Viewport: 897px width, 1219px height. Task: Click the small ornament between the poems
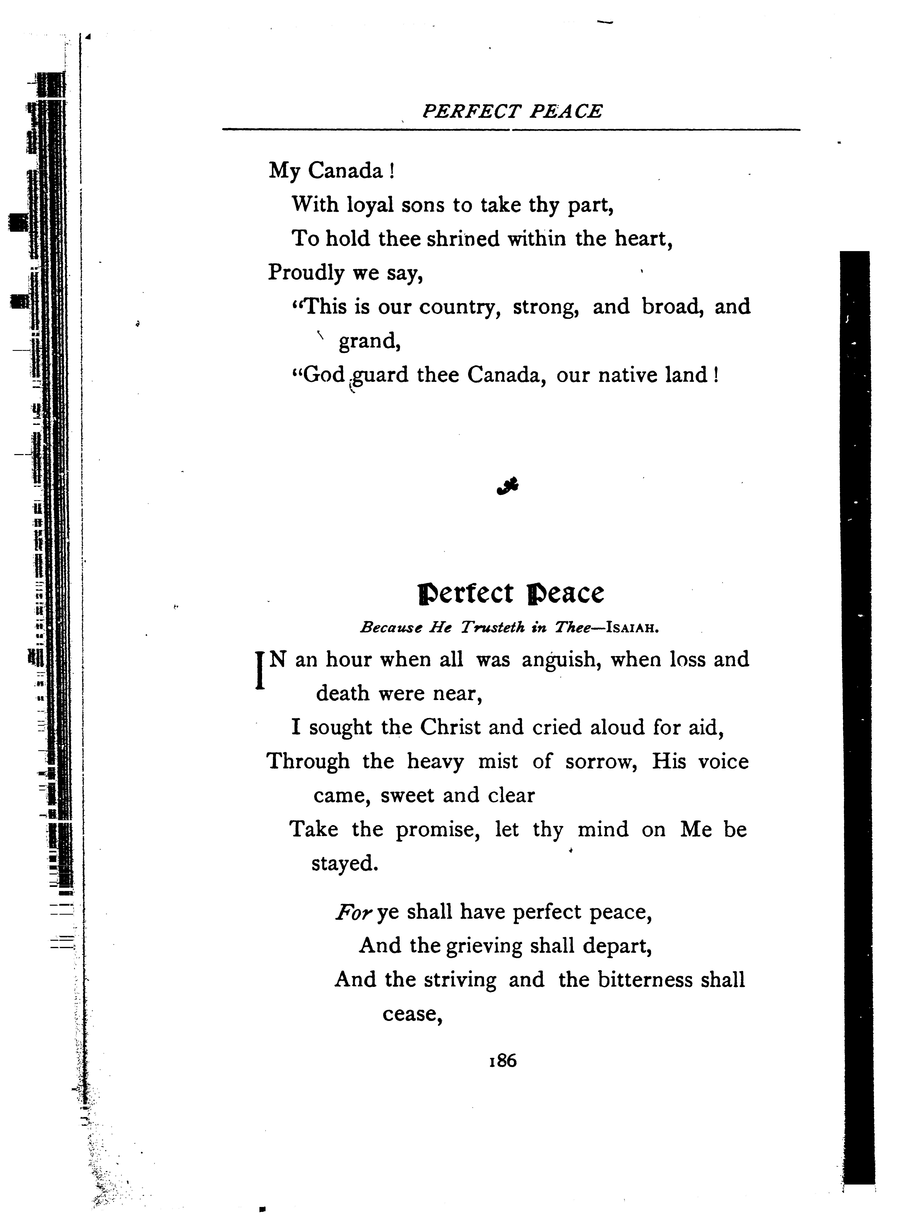click(x=508, y=486)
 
